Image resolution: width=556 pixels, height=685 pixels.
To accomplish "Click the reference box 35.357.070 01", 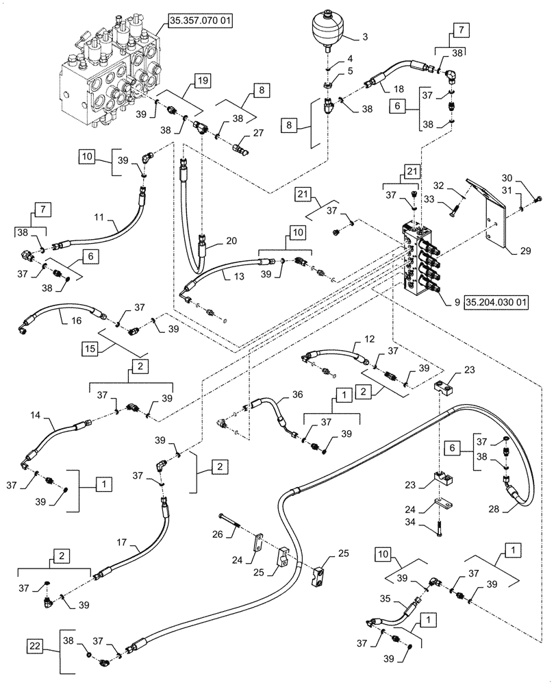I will [199, 22].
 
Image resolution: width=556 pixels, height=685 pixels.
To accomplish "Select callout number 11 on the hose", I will [99, 219].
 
